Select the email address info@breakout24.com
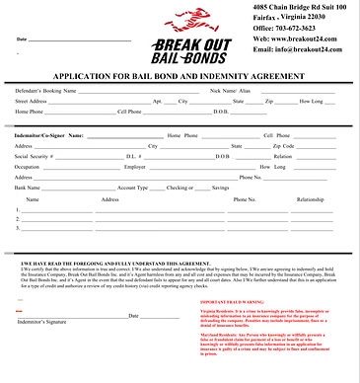click(303, 48)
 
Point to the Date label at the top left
click(21, 38)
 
